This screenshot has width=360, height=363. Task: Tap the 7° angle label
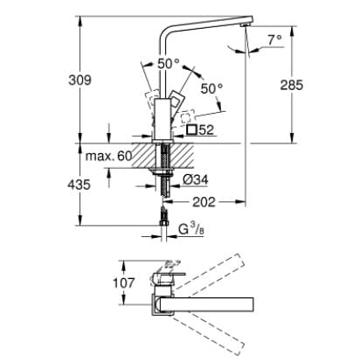(275, 39)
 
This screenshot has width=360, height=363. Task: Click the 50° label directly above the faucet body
(168, 63)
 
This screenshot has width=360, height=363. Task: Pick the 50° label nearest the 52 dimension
(212, 89)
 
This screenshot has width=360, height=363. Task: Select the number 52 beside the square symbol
(206, 129)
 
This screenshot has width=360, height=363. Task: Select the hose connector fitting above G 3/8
(163, 215)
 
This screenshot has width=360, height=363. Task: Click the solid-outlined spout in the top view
(210, 304)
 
